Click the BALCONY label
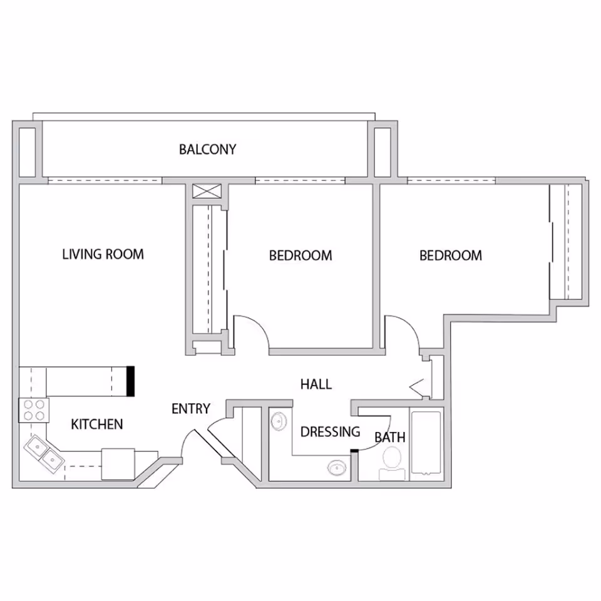click(x=207, y=149)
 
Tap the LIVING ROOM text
click(x=103, y=254)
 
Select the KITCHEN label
click(x=97, y=424)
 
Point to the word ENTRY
click(x=191, y=409)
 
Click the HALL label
click(x=316, y=384)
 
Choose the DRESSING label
click(x=330, y=432)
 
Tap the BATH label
click(x=390, y=438)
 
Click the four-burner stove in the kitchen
click(x=34, y=410)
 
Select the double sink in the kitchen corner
click(x=44, y=452)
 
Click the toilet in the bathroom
click(x=392, y=464)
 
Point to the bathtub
click(x=426, y=443)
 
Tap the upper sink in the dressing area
click(x=279, y=421)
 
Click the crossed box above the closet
click(x=207, y=192)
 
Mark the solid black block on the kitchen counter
click(x=131, y=381)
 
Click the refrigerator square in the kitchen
click(x=118, y=464)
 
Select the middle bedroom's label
click(x=300, y=255)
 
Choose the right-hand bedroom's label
click(x=451, y=255)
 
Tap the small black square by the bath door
click(x=354, y=451)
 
